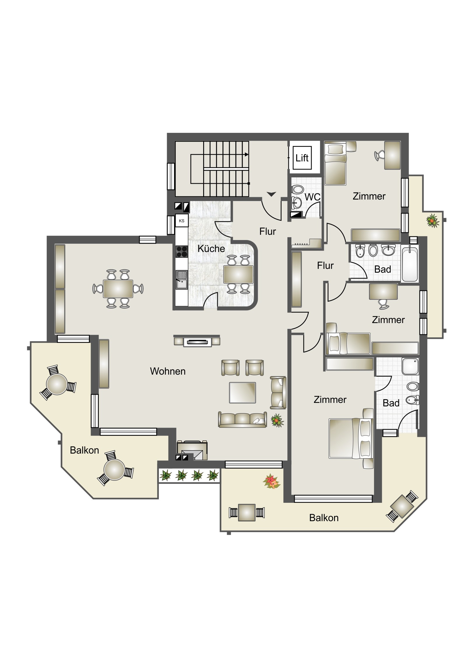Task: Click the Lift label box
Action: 302,158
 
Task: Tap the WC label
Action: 313,197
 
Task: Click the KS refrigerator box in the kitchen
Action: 182,221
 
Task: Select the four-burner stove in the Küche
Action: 182,252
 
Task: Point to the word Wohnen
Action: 168,371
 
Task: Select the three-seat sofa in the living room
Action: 243,420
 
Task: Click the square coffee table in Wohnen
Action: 243,392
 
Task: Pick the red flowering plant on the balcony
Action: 272,481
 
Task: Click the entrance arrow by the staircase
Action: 271,194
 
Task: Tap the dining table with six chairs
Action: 118,289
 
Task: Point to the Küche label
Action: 211,248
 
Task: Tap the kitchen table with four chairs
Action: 238,274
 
